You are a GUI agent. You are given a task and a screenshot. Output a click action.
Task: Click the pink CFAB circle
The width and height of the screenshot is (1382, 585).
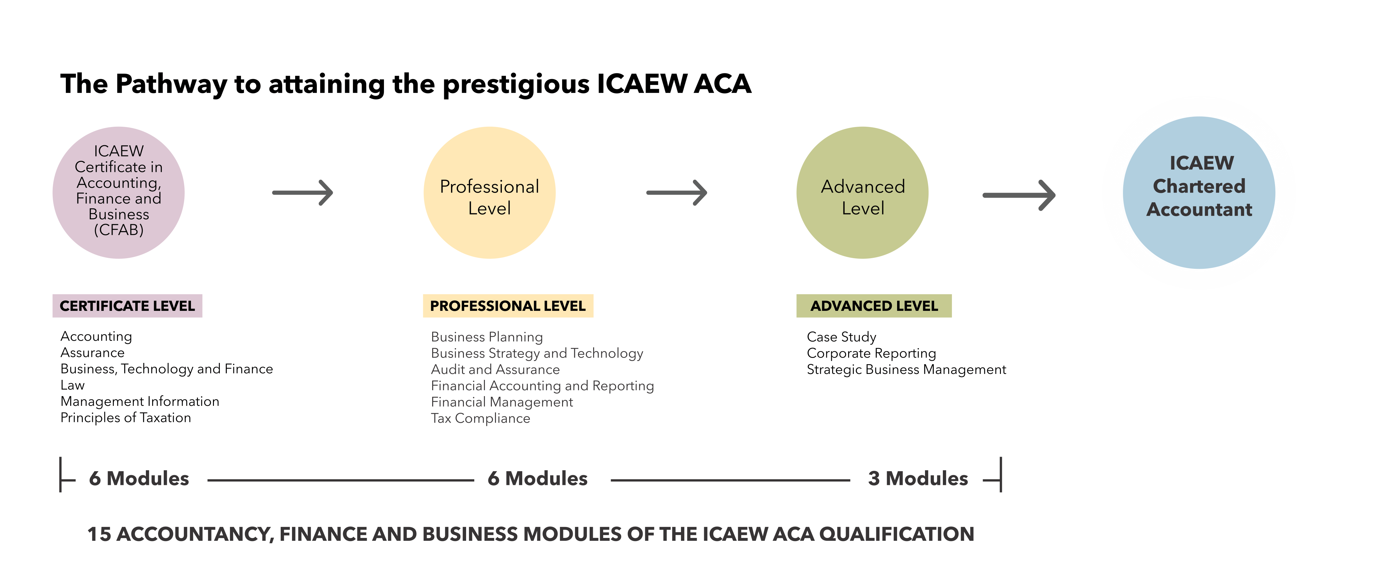119,192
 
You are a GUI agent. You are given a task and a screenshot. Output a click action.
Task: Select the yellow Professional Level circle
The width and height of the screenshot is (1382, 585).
489,192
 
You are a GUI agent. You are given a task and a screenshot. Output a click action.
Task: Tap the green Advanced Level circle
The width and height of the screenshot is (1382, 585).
862,192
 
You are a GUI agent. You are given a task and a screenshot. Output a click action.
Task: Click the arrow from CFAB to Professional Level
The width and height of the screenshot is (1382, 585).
303,192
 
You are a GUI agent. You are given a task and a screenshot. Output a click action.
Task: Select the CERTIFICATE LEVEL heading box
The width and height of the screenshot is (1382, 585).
127,306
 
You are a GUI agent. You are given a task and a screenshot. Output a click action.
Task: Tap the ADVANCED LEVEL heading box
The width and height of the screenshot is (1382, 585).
874,306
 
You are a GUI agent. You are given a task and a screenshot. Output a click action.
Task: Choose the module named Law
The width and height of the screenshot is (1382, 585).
72,386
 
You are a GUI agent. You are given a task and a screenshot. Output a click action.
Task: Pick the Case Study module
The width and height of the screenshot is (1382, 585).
841,337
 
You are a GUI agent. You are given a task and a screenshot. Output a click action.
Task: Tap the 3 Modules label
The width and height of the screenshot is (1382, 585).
918,478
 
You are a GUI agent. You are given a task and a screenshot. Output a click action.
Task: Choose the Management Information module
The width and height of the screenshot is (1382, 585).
140,402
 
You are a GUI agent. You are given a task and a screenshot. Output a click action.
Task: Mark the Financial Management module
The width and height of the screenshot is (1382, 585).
502,402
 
